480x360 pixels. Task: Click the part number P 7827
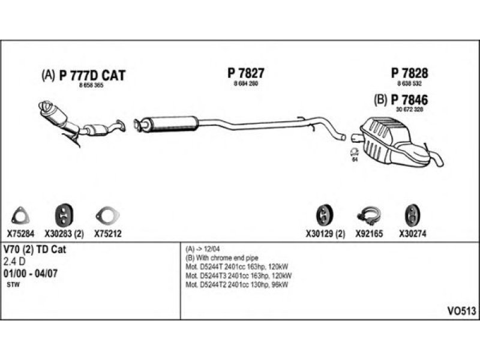[246, 73]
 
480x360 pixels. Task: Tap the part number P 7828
[410, 73]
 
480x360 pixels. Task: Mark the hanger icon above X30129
[323, 215]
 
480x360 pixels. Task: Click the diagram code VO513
[461, 311]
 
